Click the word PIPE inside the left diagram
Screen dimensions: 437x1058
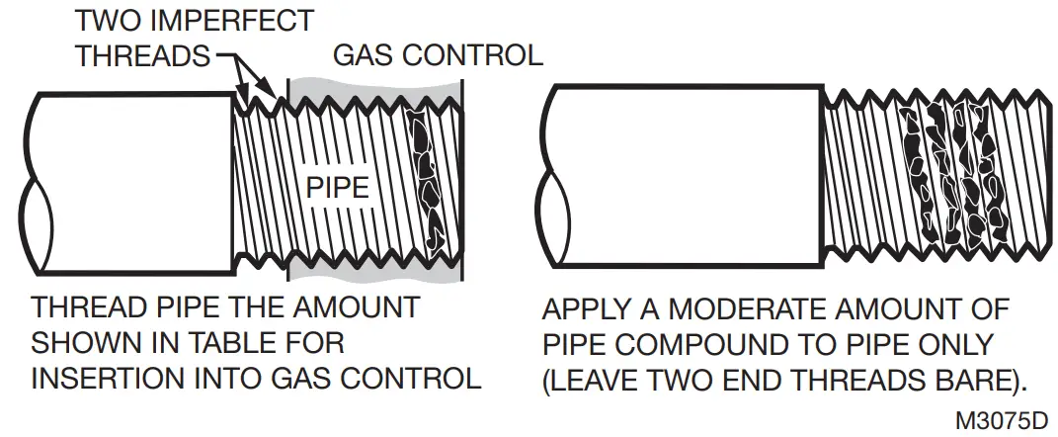[x=337, y=187]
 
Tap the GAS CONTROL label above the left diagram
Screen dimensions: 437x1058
[x=437, y=54]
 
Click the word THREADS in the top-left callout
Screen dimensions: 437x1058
[x=143, y=55]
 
